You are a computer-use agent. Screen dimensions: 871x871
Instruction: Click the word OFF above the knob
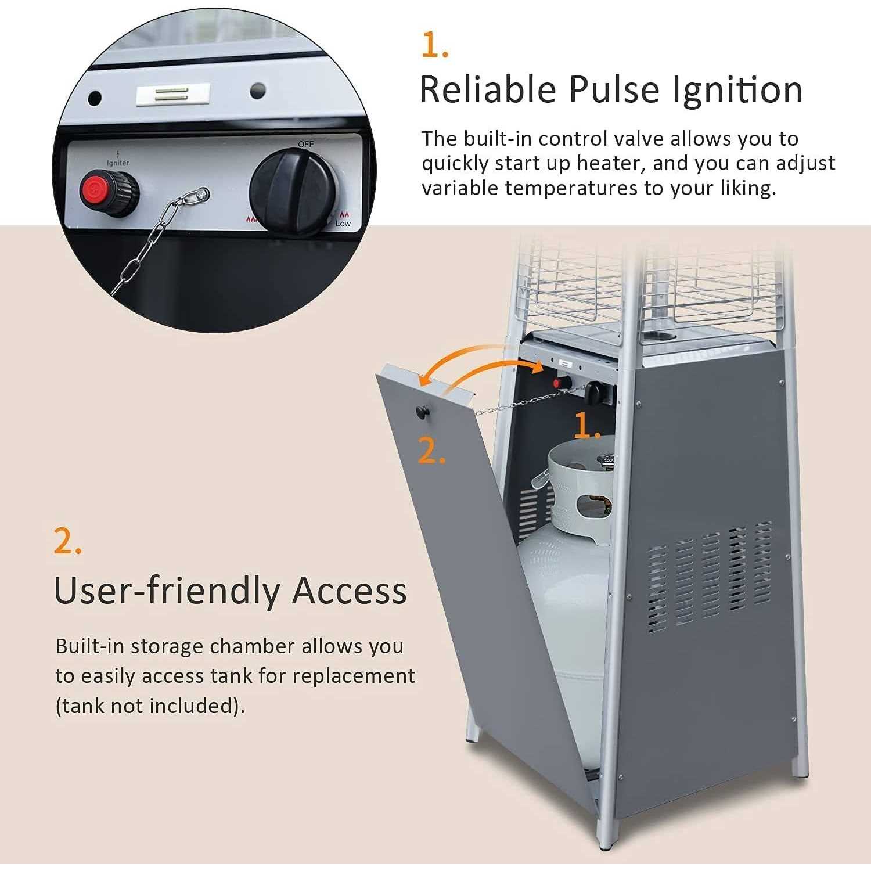tap(306, 143)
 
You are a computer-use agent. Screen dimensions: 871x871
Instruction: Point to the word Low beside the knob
tap(343, 224)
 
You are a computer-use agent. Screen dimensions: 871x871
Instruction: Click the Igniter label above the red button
tap(118, 163)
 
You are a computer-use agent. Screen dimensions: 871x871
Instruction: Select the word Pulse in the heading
tap(614, 89)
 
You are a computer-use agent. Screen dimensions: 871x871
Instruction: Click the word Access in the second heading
tap(349, 591)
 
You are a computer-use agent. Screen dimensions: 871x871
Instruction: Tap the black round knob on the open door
tap(422, 412)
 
